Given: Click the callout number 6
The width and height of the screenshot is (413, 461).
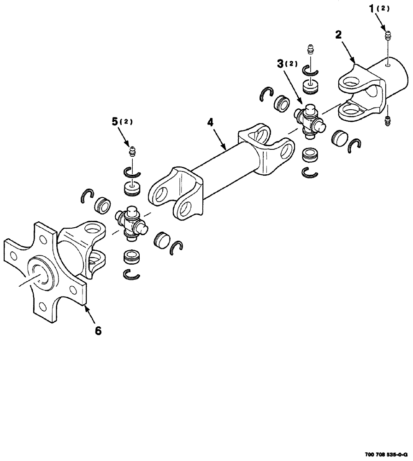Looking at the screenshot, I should [x=98, y=330].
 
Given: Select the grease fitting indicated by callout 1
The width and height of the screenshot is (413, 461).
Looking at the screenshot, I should [x=388, y=35].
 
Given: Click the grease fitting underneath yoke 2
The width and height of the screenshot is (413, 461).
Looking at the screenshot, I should [x=388, y=121].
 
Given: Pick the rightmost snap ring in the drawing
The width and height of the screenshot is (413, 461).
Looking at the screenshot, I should [x=355, y=144].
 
